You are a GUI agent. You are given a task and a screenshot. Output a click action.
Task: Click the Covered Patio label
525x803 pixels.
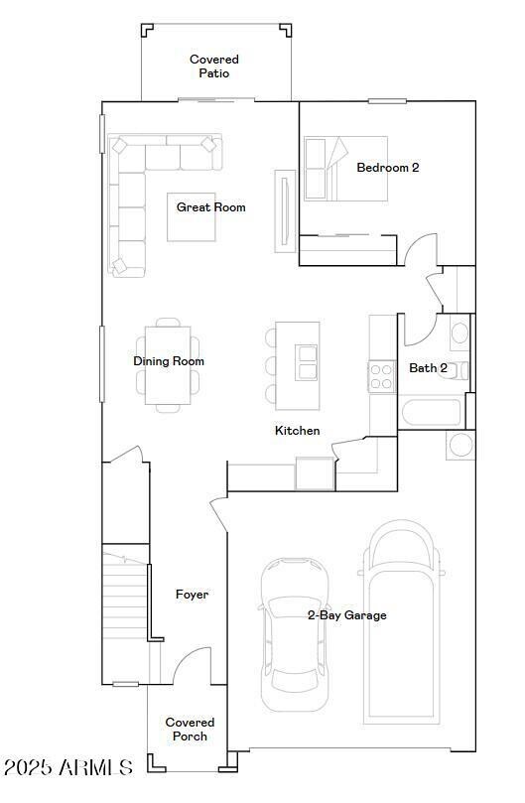tap(214, 67)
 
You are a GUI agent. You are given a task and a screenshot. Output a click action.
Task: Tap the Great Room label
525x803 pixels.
tap(210, 207)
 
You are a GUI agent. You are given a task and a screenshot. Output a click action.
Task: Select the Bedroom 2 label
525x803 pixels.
tap(387, 168)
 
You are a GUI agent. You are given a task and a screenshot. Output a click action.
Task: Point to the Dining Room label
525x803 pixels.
tap(169, 361)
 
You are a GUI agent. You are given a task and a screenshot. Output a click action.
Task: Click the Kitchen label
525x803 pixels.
tap(297, 431)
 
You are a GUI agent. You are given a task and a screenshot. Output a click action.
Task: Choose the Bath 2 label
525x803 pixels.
tap(428, 368)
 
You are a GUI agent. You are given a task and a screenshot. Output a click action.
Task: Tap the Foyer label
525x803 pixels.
tap(192, 595)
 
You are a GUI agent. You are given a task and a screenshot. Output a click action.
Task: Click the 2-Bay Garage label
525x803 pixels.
tap(346, 615)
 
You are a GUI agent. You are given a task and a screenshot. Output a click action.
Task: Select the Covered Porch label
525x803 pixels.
tap(190, 730)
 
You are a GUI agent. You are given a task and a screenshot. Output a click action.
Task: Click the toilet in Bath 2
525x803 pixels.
tap(459, 333)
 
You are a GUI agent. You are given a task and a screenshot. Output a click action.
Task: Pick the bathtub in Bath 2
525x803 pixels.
tap(431, 411)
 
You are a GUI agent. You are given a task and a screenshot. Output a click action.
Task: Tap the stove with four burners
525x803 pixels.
tap(382, 375)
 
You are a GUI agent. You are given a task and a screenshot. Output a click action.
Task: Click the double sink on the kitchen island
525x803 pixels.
tap(307, 362)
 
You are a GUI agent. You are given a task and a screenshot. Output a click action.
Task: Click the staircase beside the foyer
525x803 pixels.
tap(125, 596)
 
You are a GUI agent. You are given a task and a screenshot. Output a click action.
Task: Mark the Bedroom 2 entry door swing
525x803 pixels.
tap(420, 248)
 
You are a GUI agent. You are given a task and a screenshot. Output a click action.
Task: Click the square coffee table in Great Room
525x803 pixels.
tap(192, 216)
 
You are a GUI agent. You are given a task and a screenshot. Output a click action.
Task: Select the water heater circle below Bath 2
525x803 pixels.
tap(461, 444)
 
